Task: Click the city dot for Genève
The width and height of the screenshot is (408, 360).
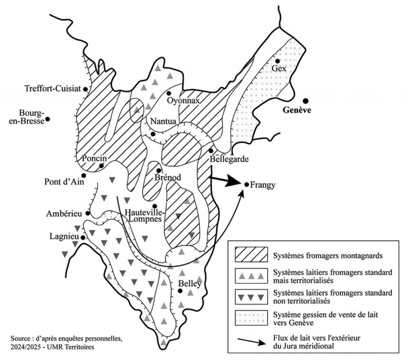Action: tap(306, 100)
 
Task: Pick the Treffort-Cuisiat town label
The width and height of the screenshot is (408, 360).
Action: tap(53, 89)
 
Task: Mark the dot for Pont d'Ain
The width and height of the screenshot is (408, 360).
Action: tap(84, 175)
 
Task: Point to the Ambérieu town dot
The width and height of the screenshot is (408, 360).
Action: tap(88, 213)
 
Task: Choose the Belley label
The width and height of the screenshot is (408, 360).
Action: tap(190, 284)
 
